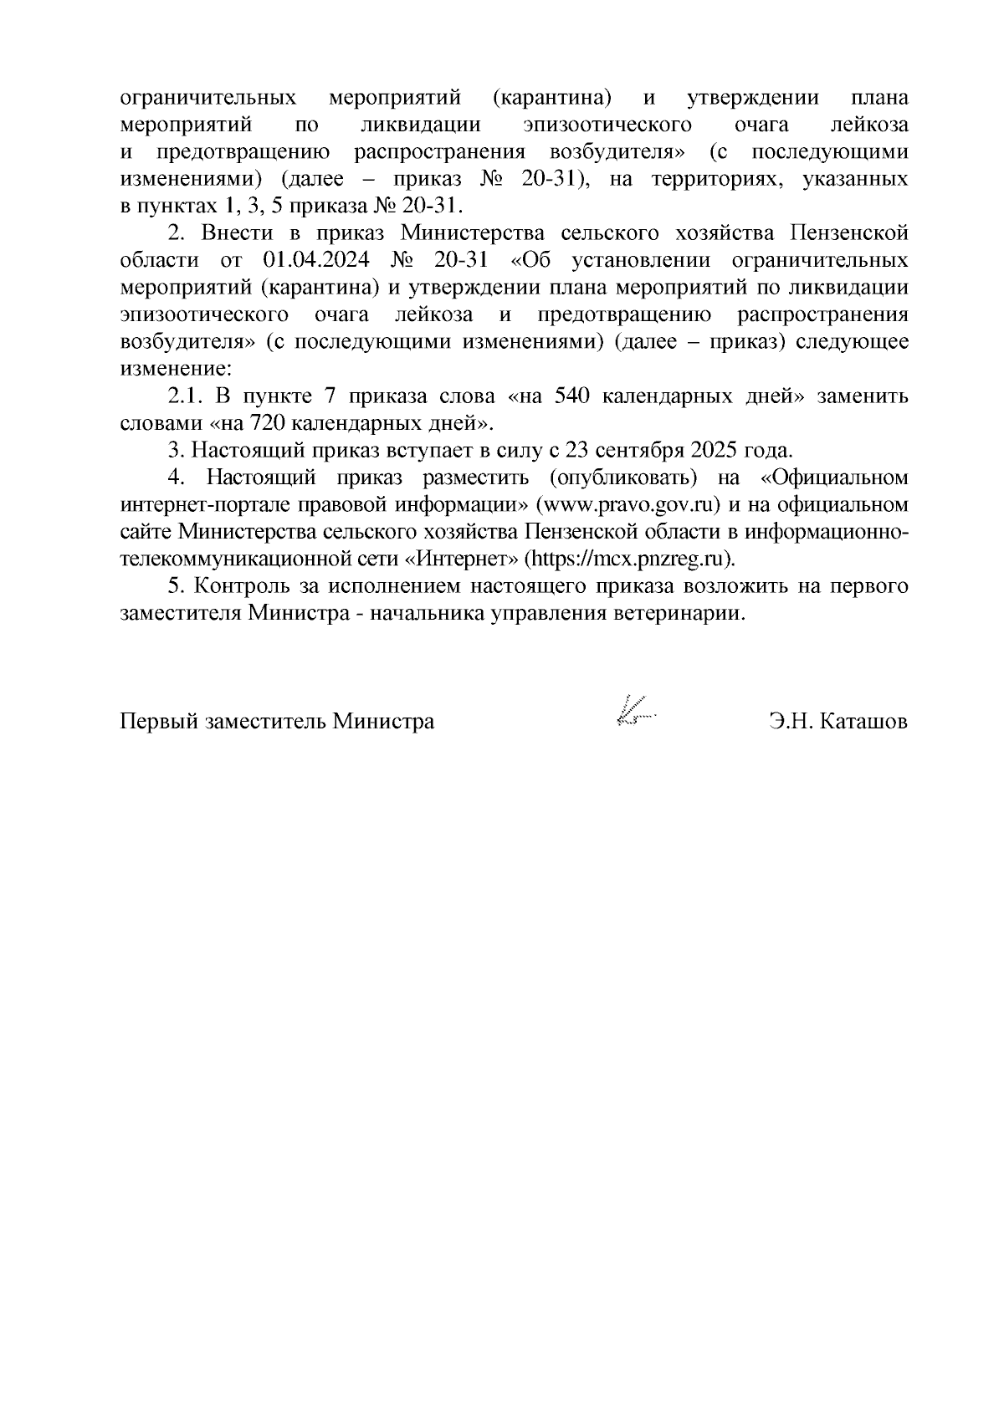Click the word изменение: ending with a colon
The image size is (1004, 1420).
[174, 369]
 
